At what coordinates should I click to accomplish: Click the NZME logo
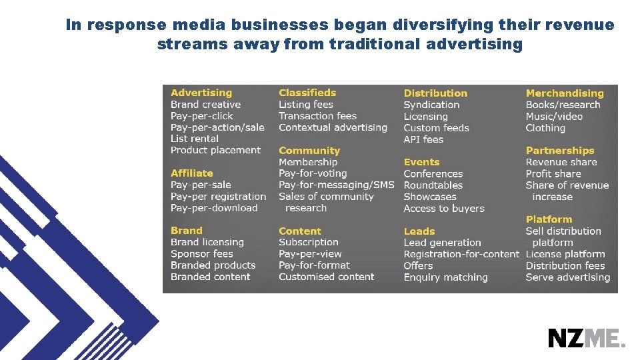pos(587,338)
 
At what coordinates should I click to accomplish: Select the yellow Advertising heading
pos(201,93)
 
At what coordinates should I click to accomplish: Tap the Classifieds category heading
pos(307,93)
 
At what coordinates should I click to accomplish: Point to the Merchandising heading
pos(564,93)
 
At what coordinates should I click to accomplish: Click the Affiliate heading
pos(192,173)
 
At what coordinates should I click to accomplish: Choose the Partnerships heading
pos(559,151)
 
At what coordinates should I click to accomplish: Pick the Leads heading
pos(419,231)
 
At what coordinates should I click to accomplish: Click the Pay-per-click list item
pos(202,116)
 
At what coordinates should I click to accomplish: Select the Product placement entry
pos(215,150)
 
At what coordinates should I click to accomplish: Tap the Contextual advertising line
pos(333,127)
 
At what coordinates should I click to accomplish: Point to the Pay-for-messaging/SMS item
pos(336,185)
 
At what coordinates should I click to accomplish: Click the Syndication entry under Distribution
pos(431,105)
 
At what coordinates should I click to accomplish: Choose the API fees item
pos(423,139)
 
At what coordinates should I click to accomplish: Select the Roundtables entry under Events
pos(433,185)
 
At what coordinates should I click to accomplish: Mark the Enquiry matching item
pos(445,277)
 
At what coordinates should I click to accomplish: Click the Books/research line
pos(563,105)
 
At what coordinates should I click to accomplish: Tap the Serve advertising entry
pos(567,277)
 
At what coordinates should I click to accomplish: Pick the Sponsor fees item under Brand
pos(202,254)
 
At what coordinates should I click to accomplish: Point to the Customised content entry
pos(326,277)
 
